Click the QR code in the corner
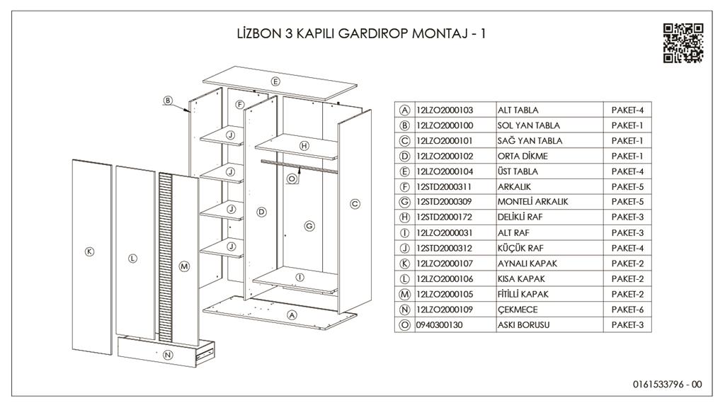point(683,42)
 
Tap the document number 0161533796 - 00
point(667,385)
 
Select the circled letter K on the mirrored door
point(90,251)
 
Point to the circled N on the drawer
point(168,354)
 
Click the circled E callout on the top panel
point(275,81)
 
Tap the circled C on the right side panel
point(355,204)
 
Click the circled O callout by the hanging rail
point(291,179)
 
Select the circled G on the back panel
point(309,226)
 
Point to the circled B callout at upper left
point(168,101)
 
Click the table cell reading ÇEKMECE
point(518,310)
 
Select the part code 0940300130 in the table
point(439,325)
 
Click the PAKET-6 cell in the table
point(627,310)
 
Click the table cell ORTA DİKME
point(523,156)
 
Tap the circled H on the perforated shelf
point(304,145)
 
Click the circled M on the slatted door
point(185,266)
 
